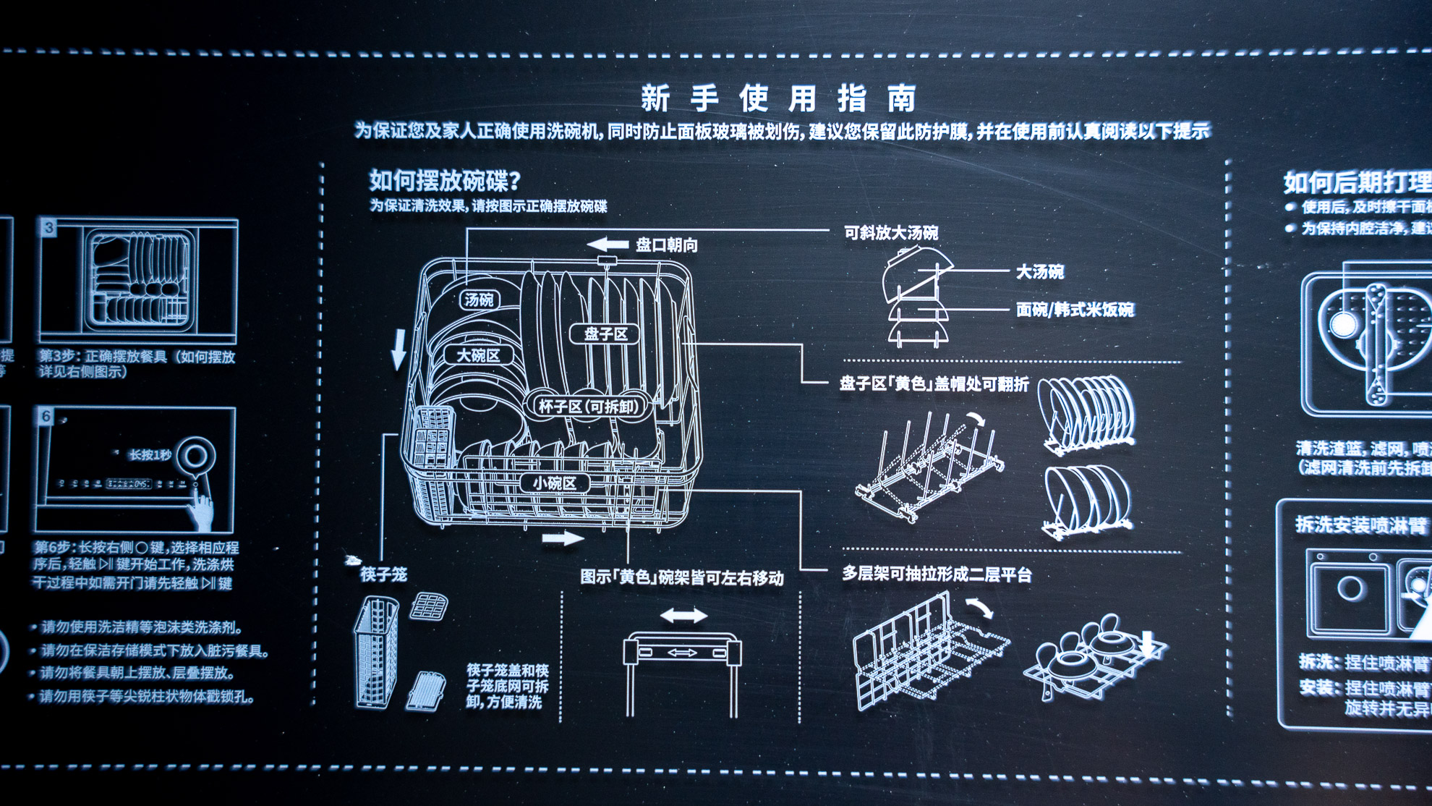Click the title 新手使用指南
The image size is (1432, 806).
click(x=778, y=98)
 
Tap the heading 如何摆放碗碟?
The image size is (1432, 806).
click(x=444, y=180)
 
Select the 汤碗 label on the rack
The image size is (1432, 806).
click(x=480, y=300)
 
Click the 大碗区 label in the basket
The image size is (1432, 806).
click(x=478, y=355)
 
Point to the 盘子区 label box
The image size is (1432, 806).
click(x=605, y=334)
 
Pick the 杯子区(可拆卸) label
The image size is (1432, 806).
click(x=589, y=407)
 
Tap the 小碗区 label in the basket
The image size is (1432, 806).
click(x=555, y=483)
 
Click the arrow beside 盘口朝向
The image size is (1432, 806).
click(x=607, y=245)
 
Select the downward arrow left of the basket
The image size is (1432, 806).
click(x=399, y=349)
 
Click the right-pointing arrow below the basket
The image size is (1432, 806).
click(x=562, y=538)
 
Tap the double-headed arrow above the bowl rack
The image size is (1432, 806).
click(x=683, y=616)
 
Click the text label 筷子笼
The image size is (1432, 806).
click(x=383, y=574)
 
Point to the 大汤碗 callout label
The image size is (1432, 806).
click(x=1039, y=272)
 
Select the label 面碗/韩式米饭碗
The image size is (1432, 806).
click(x=1075, y=310)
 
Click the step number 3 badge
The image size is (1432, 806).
click(x=48, y=228)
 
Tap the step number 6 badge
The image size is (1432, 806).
click(x=46, y=416)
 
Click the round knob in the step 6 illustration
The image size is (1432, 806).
click(x=195, y=456)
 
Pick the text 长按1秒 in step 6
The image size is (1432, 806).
click(x=150, y=455)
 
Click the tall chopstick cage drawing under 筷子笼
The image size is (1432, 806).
click(x=376, y=651)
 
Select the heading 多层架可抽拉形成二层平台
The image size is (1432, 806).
click(x=937, y=574)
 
